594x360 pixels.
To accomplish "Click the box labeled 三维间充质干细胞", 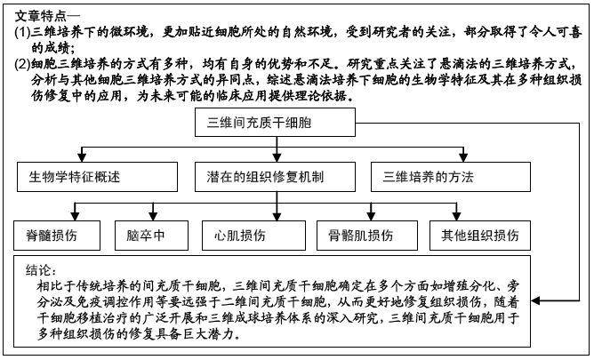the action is pyautogui.click(x=275, y=123).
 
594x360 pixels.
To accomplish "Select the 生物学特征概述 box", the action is pyautogui.click(x=97, y=177).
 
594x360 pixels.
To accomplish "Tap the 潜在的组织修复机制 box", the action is pyautogui.click(x=275, y=177).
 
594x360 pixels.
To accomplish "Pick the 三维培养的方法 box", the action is pyautogui.click(x=451, y=177).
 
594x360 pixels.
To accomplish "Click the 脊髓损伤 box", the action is pyautogui.click(x=57, y=236).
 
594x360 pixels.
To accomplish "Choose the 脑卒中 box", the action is pyautogui.click(x=151, y=236).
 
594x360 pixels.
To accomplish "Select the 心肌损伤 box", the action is pyautogui.click(x=253, y=236).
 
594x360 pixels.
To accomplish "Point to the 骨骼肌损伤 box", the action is pyautogui.click(x=367, y=236).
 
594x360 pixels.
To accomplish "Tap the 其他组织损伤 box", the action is pyautogui.click(x=480, y=236).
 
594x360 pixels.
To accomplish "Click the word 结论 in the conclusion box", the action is pyautogui.click(x=37, y=270).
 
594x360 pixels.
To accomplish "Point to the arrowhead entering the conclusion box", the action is pyautogui.click(x=535, y=301).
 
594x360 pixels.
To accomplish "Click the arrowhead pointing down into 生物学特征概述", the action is pyautogui.click(x=82, y=157).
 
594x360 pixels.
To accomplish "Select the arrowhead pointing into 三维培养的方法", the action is pyautogui.click(x=463, y=157).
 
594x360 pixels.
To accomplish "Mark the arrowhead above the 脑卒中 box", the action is pyautogui.click(x=153, y=216).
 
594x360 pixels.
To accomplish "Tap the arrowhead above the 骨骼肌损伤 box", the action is pyautogui.click(x=372, y=216).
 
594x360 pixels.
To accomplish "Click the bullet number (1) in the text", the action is pyautogui.click(x=22, y=32).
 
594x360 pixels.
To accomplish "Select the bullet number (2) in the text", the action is pyautogui.click(x=22, y=64).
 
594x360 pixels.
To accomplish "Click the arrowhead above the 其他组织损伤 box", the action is pyautogui.click(x=456, y=216).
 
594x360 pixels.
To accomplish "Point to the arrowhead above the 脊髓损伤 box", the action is pyautogui.click(x=75, y=216).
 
